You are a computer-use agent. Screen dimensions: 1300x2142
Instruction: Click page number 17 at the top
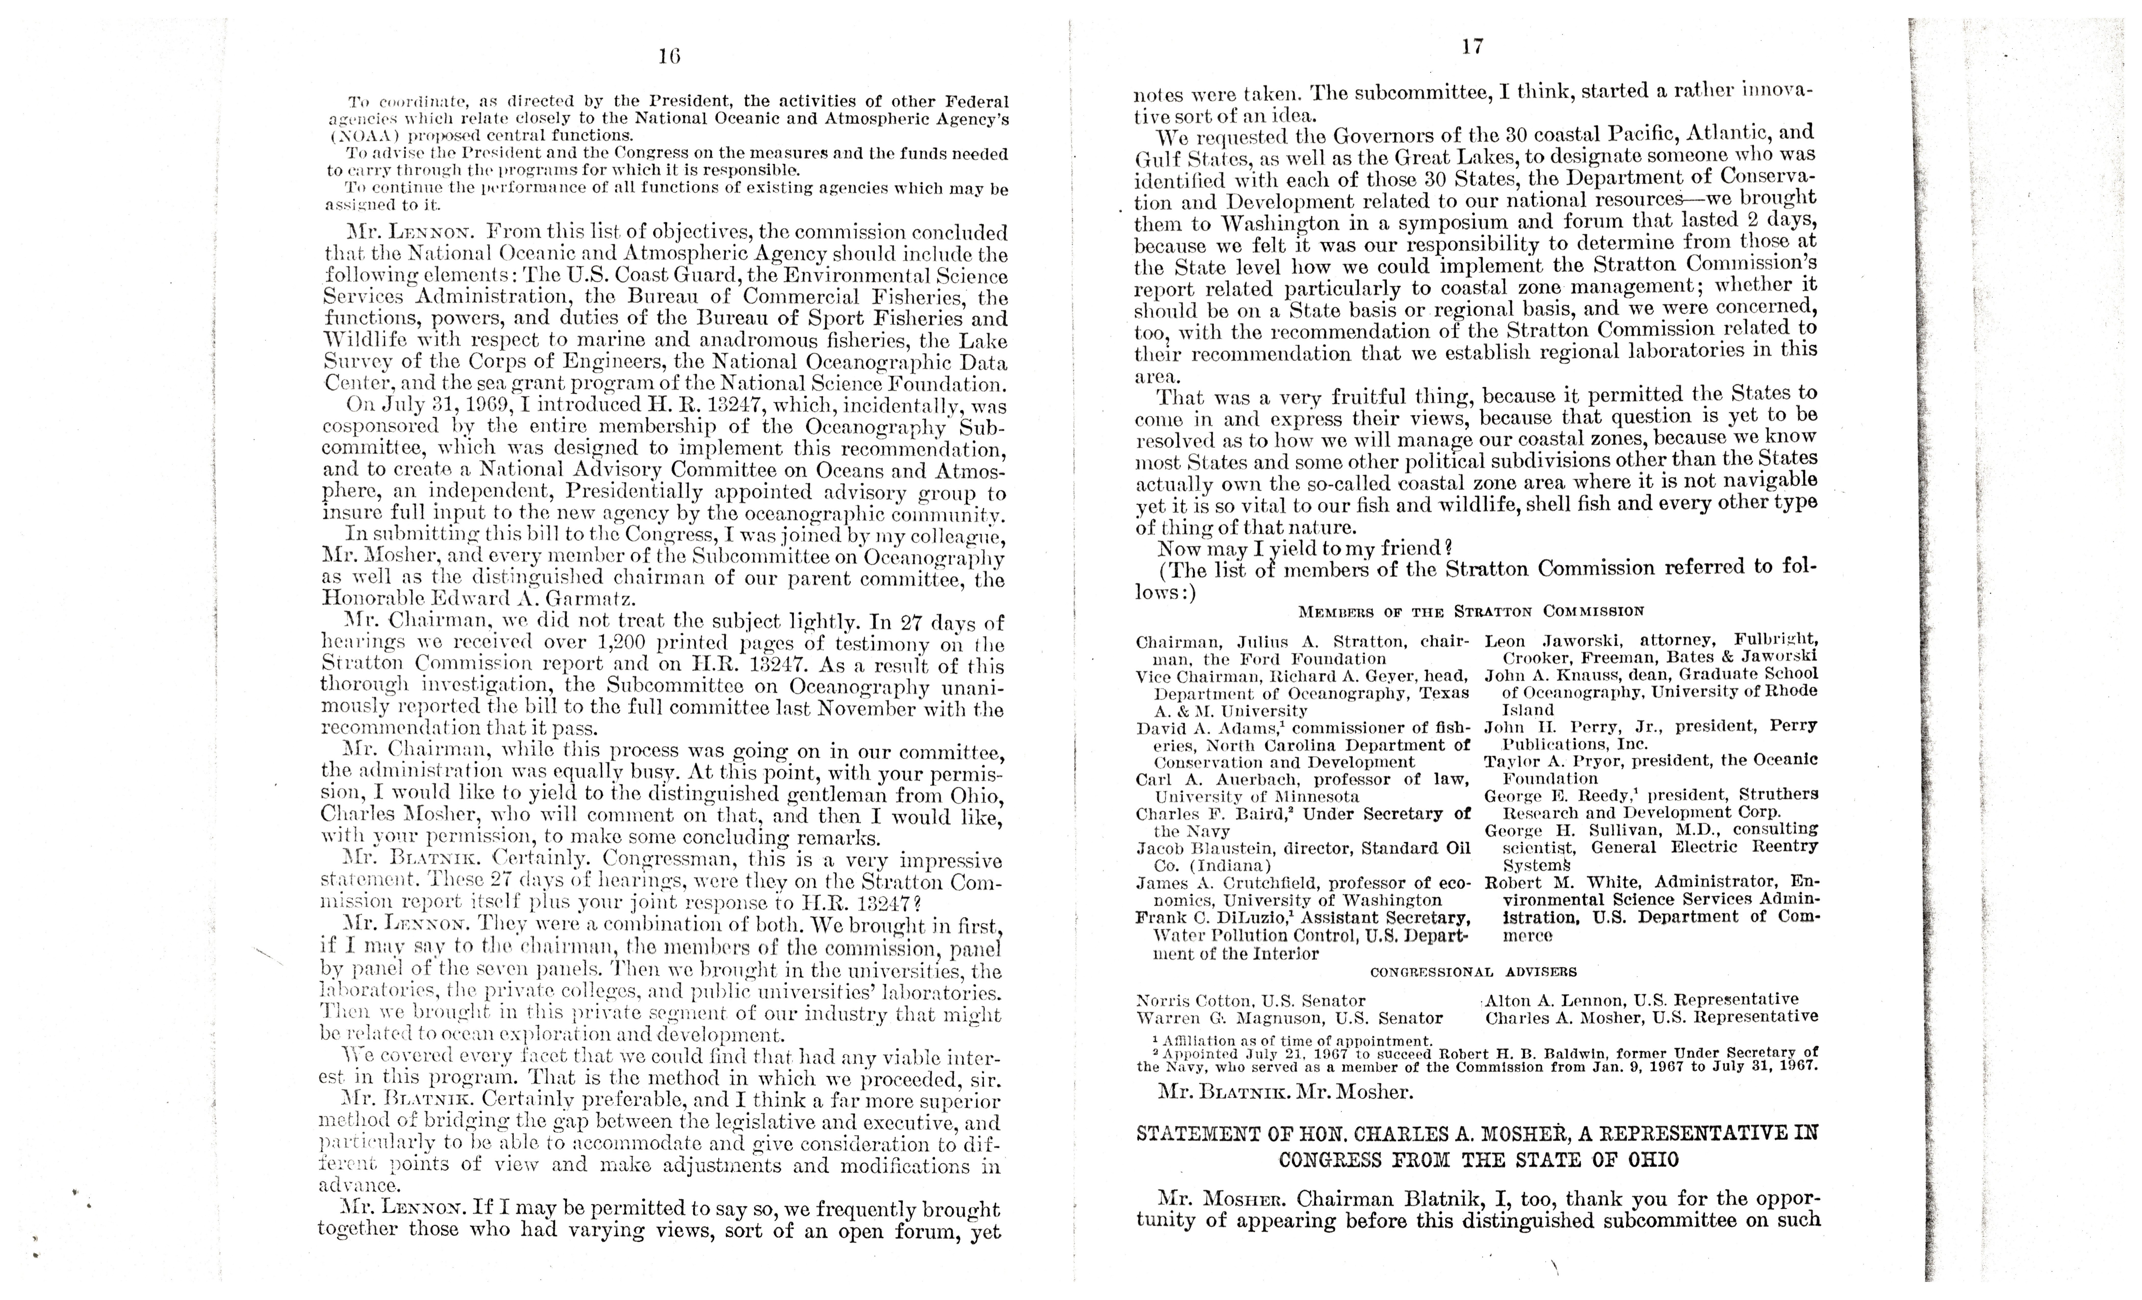(1472, 47)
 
